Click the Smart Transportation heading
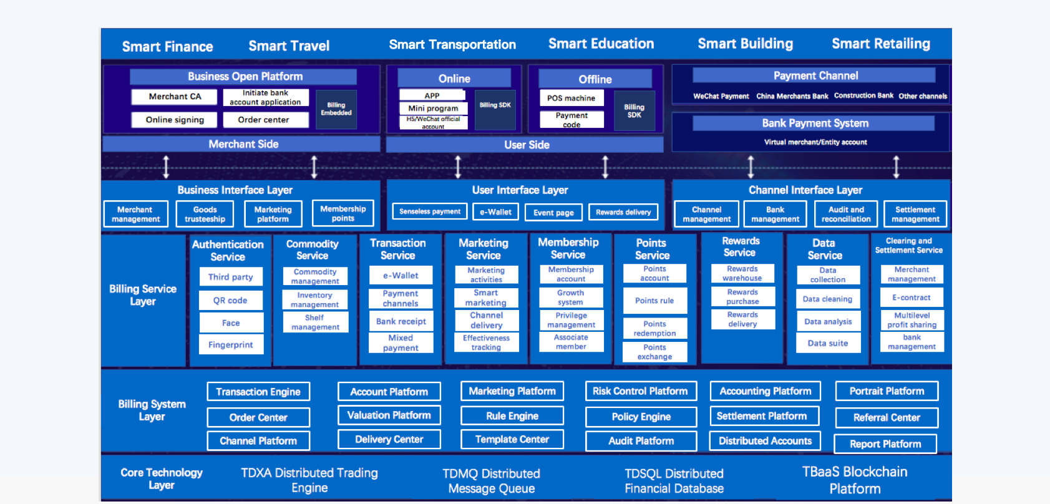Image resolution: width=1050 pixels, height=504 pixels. [452, 45]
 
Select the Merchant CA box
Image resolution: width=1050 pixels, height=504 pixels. [175, 97]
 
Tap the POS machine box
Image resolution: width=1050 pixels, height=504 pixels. [571, 98]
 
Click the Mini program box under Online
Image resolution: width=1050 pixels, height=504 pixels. [433, 108]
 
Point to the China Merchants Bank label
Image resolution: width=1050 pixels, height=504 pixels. [792, 96]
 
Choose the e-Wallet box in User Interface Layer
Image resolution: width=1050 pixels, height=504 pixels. [495, 212]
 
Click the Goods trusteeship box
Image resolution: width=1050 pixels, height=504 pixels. [205, 214]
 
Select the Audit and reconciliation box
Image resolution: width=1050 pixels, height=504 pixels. [846, 214]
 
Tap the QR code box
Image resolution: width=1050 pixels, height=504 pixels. [230, 300]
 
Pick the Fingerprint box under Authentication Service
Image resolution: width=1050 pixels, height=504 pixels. [231, 344]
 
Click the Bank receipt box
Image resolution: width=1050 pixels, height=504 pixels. [401, 321]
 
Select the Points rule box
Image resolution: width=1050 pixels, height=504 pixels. [654, 301]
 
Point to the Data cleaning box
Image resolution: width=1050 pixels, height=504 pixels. [828, 299]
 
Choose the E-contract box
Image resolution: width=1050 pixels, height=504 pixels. [911, 298]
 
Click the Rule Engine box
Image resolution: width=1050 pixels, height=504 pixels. [512, 416]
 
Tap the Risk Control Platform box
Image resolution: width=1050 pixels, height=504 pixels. [640, 391]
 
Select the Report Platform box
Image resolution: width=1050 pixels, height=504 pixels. [885, 444]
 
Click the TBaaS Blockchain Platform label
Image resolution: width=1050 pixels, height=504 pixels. [855, 480]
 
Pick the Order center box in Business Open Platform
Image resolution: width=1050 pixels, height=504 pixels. [263, 120]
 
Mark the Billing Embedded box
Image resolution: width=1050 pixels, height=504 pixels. [336, 109]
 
